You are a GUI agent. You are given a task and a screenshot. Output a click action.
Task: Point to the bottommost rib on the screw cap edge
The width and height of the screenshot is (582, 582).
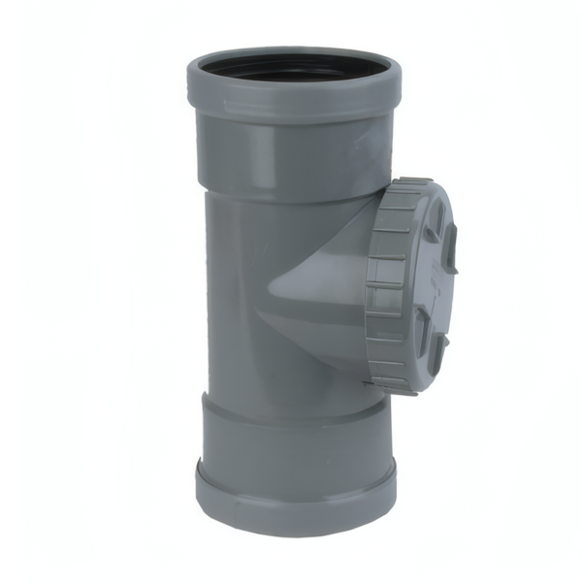tap(398, 388)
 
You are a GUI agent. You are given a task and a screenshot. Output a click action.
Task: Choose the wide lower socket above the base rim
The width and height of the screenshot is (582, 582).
tap(291, 436)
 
